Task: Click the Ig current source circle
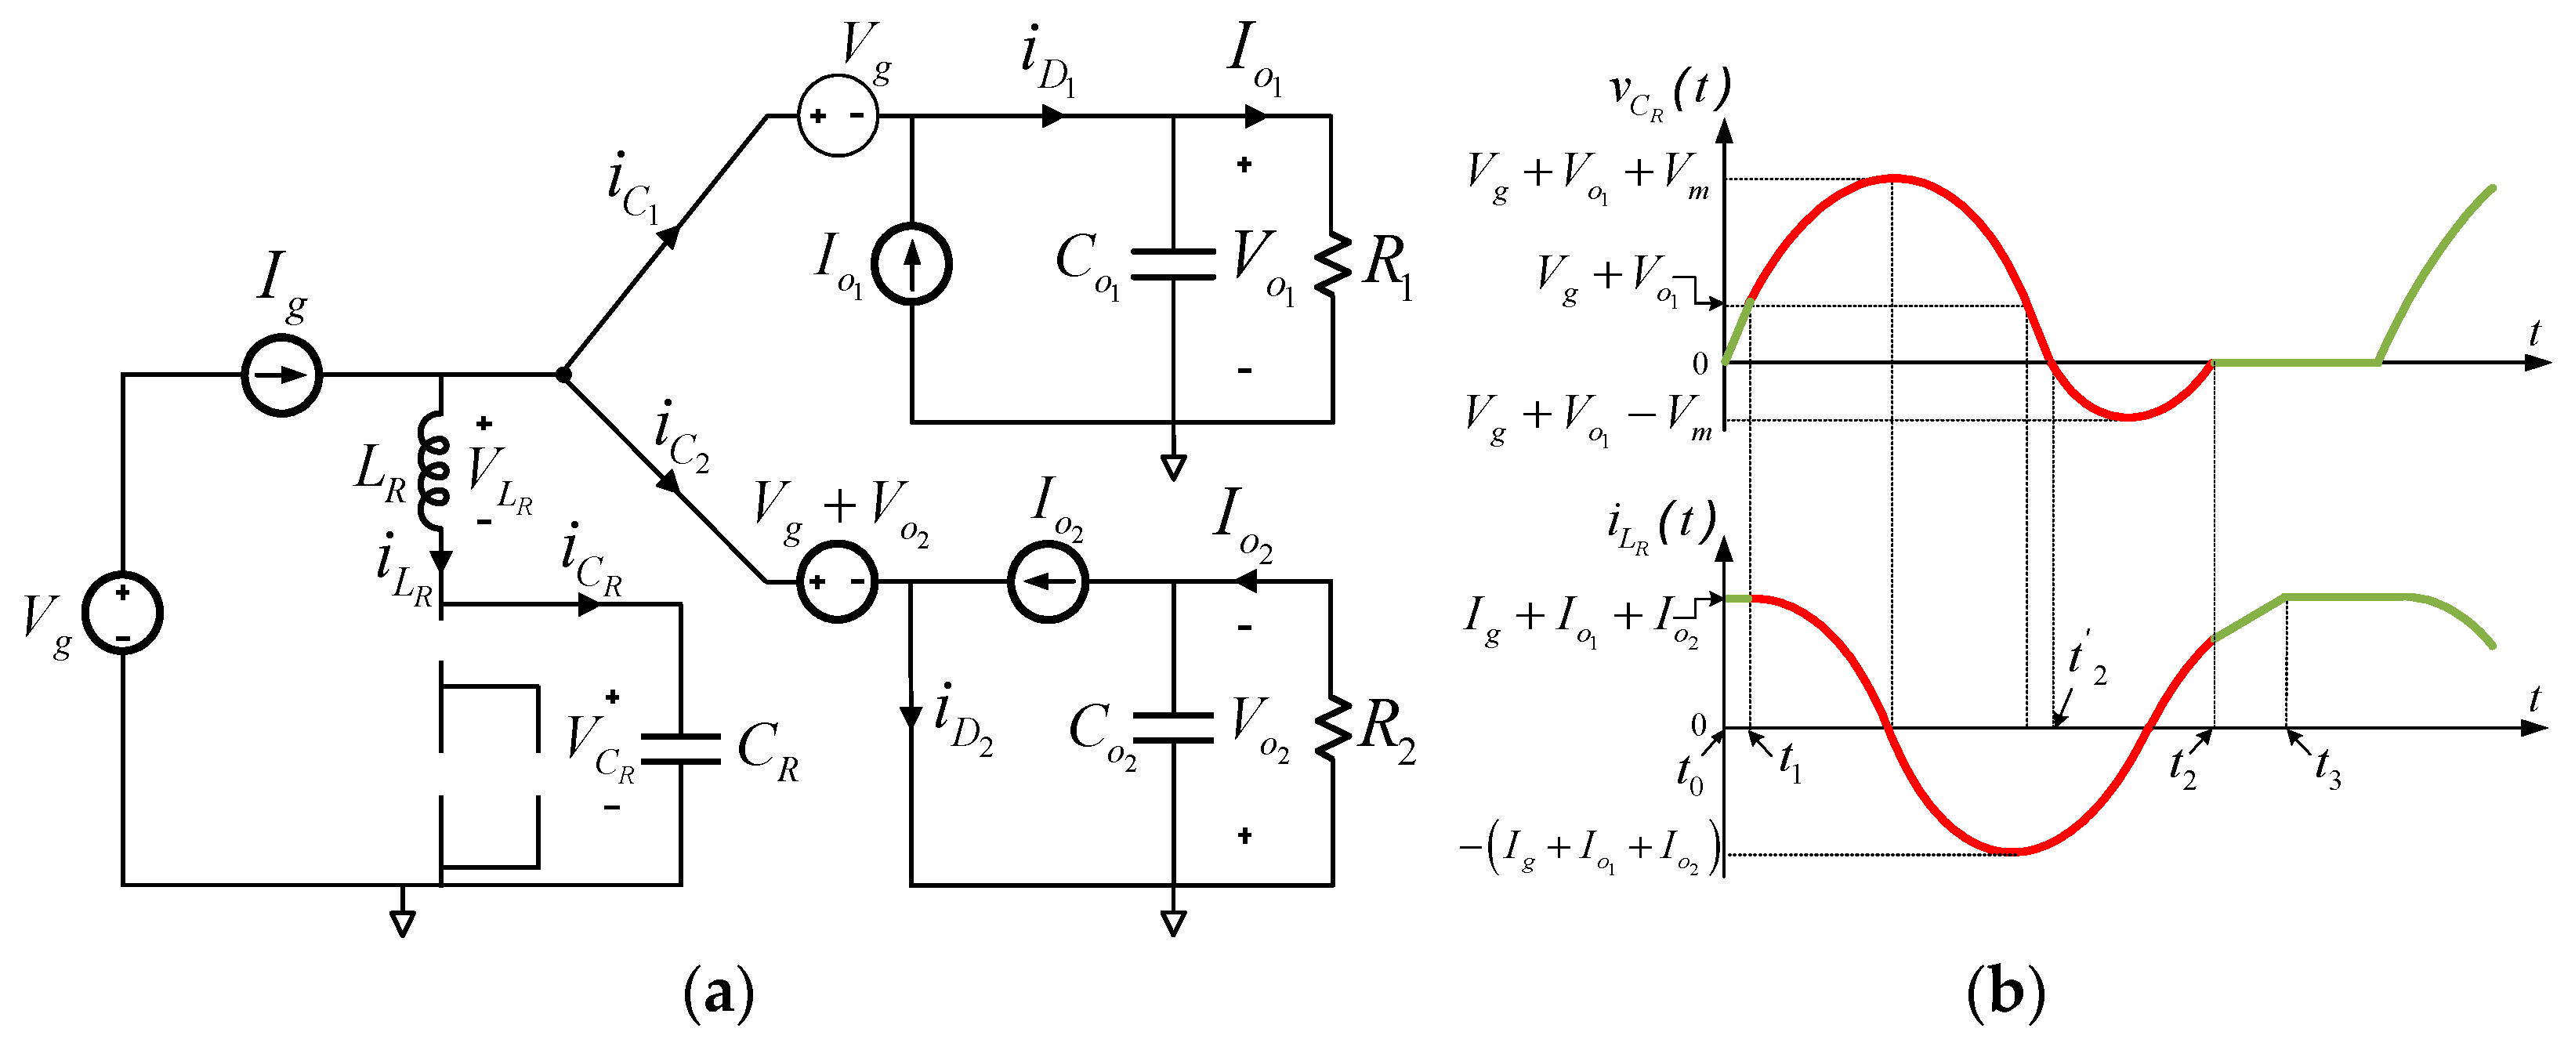(282, 376)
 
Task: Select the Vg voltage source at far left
(122, 612)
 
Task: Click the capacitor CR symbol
(681, 749)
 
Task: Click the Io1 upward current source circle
(911, 265)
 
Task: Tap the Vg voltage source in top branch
(838, 116)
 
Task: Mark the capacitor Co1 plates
(1174, 264)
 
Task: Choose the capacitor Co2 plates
(1174, 728)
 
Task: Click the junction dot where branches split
(563, 375)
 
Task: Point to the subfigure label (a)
(718, 993)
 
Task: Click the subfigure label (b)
(2005, 993)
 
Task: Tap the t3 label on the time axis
(2328, 770)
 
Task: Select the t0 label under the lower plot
(1690, 775)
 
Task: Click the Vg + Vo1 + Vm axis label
(1588, 178)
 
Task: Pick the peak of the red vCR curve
(1892, 178)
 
